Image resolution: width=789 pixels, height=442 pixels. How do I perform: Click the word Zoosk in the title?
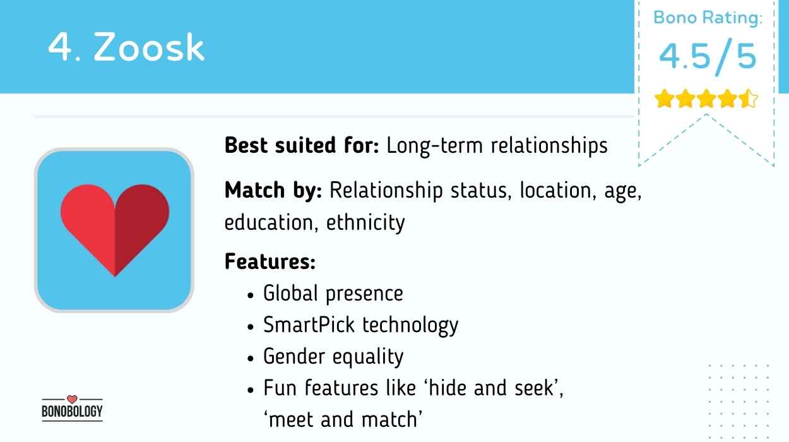[150, 47]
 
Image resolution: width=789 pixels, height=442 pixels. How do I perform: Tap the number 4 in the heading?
[61, 47]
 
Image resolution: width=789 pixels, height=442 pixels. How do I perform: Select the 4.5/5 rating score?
[707, 57]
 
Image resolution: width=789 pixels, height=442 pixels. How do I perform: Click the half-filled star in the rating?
[749, 99]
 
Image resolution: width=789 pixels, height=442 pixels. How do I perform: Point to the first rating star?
[663, 99]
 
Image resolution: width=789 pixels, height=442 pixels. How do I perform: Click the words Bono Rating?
[708, 18]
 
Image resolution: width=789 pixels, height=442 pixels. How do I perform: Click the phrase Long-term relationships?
[497, 146]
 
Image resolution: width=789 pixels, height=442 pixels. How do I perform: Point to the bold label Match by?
[273, 190]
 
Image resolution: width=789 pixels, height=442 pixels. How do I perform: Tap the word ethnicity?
[365, 223]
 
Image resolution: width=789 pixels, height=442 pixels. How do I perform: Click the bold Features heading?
[270, 261]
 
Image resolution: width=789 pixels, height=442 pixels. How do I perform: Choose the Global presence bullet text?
[333, 293]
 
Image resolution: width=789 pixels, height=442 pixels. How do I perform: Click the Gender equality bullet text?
[333, 357]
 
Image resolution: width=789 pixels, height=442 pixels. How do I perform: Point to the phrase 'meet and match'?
[343, 419]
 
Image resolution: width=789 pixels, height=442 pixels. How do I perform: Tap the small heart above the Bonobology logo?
[71, 399]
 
